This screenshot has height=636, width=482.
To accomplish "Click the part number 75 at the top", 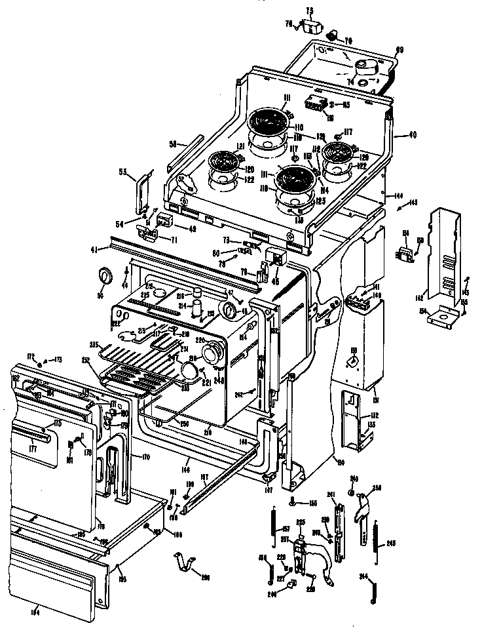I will click(x=310, y=10).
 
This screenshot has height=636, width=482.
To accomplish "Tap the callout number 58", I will click(x=174, y=144).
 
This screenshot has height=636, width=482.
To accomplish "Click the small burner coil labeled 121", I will click(x=224, y=161).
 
